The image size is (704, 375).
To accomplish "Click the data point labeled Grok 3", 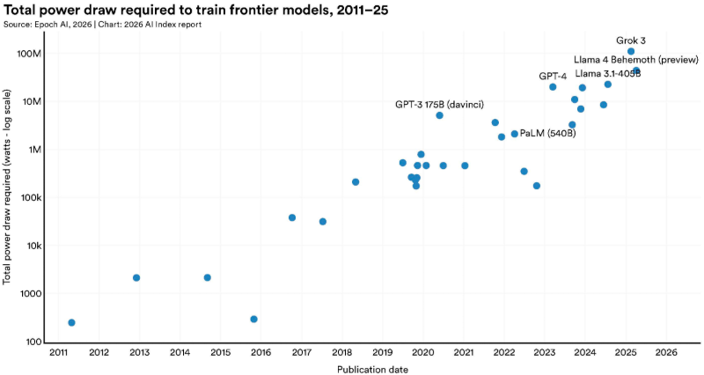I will (x=631, y=52).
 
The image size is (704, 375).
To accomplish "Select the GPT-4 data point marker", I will (x=553, y=87).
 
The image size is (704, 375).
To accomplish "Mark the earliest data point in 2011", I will (x=71, y=323).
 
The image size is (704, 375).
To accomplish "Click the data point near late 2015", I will (x=253, y=320).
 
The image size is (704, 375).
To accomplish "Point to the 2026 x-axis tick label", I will (x=665, y=353).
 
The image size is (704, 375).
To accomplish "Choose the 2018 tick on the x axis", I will (x=341, y=353).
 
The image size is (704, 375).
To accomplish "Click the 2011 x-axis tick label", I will (x=58, y=353).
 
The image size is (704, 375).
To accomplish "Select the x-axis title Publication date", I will (x=372, y=369).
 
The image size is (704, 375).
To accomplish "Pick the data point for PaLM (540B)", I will (x=515, y=134).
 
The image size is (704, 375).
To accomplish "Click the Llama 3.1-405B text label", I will (x=607, y=74).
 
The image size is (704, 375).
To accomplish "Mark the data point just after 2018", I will (x=356, y=182).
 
